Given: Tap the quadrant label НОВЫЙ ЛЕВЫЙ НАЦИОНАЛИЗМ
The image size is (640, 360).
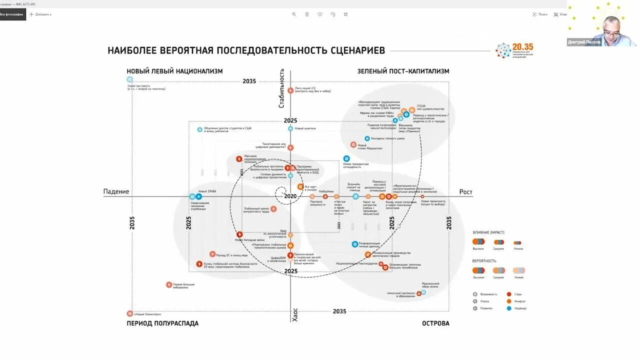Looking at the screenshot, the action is click(174, 71).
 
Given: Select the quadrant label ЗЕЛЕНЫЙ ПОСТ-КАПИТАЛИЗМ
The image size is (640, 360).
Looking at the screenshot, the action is click(403, 71).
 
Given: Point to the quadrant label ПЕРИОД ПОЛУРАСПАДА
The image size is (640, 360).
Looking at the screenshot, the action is click(162, 323).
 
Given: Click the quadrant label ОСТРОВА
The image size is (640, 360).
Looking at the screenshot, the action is click(435, 323).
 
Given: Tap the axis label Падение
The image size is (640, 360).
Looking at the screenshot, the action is click(116, 191).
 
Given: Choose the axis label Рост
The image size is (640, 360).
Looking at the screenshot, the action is click(465, 192).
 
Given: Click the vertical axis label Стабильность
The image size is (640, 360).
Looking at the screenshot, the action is click(281, 88).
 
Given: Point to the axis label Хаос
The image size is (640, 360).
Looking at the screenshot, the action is click(295, 315).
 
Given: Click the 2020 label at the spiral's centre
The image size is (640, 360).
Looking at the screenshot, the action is click(290, 196).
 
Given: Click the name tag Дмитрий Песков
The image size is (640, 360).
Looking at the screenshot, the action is click(584, 42).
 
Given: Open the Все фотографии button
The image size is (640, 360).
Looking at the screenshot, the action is click(12, 14).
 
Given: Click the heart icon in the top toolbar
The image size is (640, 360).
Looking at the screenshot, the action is click(319, 14).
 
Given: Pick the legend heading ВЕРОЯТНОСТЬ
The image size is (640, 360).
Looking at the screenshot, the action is click(484, 261).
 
